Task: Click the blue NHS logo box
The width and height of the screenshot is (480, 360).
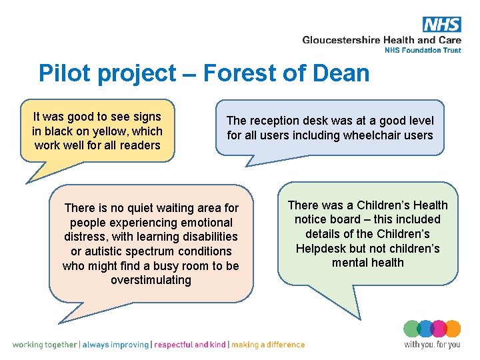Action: [x=441, y=25]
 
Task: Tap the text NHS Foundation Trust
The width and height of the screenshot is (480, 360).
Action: [x=423, y=50]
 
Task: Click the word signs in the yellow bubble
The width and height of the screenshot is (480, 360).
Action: [x=148, y=116]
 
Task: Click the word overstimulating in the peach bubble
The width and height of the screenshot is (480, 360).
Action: [x=151, y=280]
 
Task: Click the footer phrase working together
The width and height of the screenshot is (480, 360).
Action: [x=45, y=345]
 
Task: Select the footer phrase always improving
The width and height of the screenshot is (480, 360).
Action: [x=116, y=345]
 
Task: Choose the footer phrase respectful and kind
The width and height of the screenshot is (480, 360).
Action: [x=190, y=345]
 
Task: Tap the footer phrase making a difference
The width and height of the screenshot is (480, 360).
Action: [x=268, y=345]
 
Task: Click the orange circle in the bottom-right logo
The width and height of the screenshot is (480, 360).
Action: [x=453, y=329]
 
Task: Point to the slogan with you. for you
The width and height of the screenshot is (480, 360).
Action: [x=432, y=345]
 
